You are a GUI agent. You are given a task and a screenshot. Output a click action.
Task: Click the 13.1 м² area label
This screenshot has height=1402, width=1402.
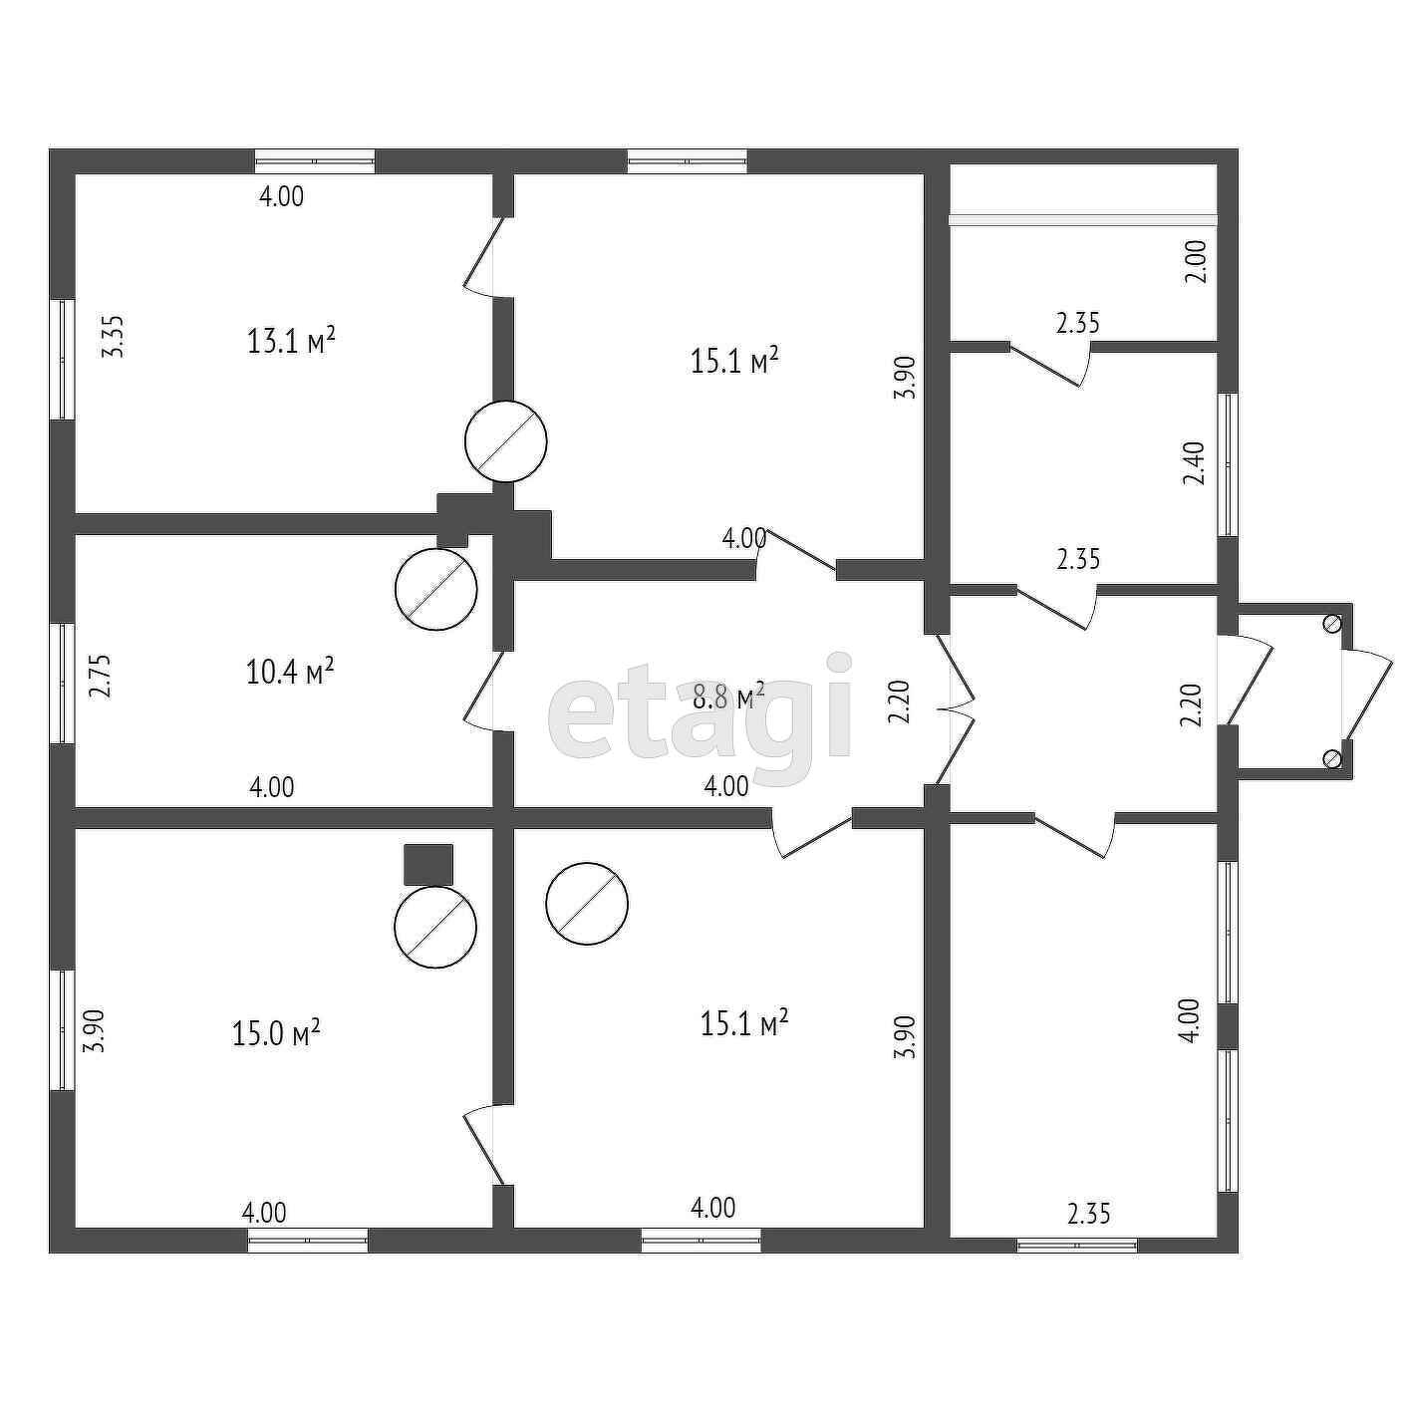290,342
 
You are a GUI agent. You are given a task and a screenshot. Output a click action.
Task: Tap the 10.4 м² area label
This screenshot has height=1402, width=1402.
289,672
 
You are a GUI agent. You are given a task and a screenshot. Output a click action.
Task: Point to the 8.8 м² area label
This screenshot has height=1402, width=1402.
728,696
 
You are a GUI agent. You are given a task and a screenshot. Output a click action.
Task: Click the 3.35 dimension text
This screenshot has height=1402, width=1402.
115,337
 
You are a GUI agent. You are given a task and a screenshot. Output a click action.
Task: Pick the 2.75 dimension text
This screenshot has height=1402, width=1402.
100,675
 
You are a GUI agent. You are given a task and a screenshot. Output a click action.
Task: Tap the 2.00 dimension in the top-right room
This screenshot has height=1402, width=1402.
1197,261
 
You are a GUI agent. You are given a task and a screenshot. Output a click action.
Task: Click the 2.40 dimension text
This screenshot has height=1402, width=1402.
1195,463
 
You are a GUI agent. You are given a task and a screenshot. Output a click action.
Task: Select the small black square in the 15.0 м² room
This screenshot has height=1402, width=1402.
428,864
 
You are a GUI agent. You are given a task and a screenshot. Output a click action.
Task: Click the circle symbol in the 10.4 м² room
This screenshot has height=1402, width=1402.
435,589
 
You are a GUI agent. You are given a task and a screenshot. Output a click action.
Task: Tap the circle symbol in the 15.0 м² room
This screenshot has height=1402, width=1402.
435,927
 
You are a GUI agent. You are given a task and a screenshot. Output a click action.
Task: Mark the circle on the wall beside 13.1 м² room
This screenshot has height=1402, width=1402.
506,441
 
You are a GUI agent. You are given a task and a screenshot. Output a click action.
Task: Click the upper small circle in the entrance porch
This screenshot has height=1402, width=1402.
1331,624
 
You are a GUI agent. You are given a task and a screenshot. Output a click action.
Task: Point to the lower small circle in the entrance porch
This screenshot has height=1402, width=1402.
1331,759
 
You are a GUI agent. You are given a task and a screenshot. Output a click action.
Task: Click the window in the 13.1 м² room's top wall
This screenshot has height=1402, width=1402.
315,161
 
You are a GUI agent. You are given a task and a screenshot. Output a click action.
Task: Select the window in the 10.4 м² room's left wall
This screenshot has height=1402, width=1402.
63,683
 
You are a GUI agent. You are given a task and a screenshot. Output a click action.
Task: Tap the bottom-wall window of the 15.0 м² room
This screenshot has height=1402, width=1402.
308,1241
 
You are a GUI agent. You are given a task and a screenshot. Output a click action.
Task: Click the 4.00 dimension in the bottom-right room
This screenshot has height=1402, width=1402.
1189,1020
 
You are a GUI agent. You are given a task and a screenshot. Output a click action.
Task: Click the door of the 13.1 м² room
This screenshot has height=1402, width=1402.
482,257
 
